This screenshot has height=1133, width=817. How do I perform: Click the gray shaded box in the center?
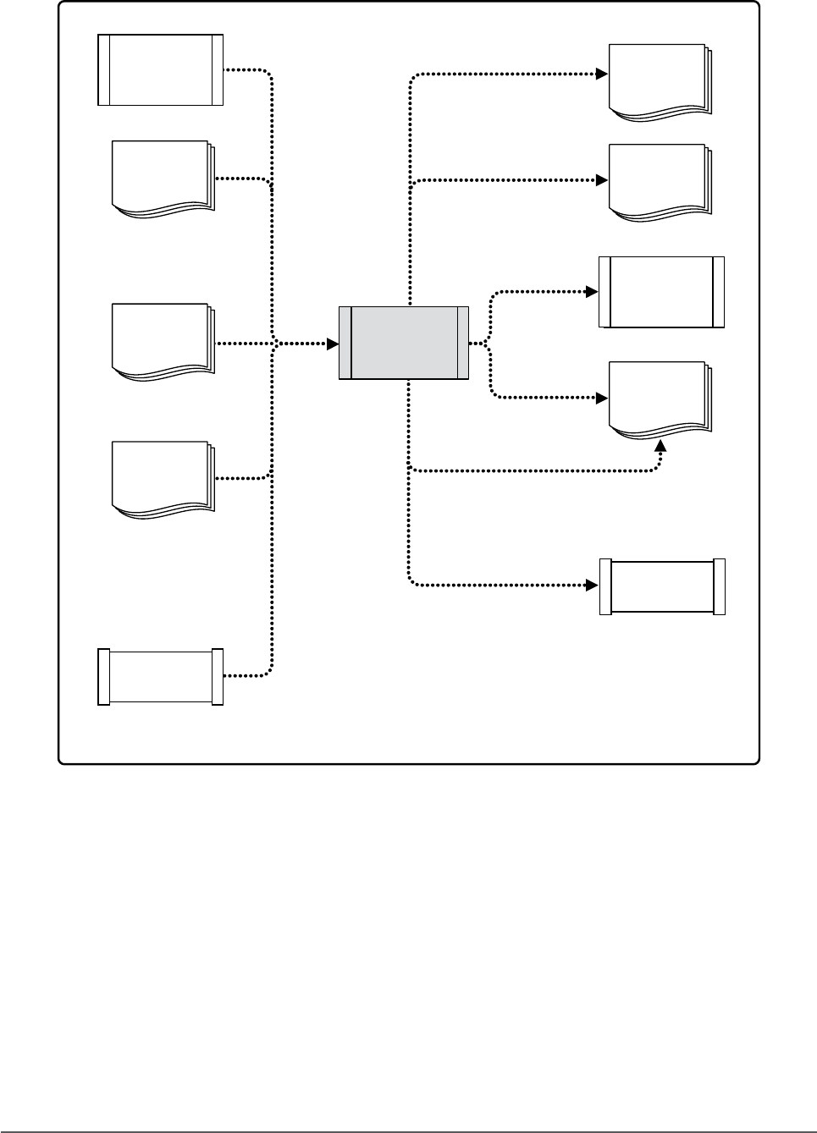(x=404, y=343)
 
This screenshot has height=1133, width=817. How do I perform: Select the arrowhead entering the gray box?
(x=333, y=344)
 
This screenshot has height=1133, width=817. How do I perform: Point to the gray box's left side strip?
(x=345, y=343)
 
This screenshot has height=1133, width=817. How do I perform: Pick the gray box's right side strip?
(x=463, y=343)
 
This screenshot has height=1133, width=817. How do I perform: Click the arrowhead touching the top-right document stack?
(x=602, y=74)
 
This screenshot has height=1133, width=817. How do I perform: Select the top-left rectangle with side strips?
(x=161, y=69)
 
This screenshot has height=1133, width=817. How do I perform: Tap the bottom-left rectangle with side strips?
(x=161, y=676)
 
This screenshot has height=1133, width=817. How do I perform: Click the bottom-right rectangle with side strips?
(x=662, y=586)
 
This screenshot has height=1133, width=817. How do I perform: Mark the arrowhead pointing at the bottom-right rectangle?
(x=593, y=585)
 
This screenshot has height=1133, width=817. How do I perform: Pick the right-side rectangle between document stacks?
(x=661, y=292)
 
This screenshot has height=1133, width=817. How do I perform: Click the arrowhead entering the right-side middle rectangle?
(x=593, y=292)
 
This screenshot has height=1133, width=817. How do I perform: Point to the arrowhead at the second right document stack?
(x=602, y=180)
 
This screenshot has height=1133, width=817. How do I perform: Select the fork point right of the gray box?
(x=489, y=344)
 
